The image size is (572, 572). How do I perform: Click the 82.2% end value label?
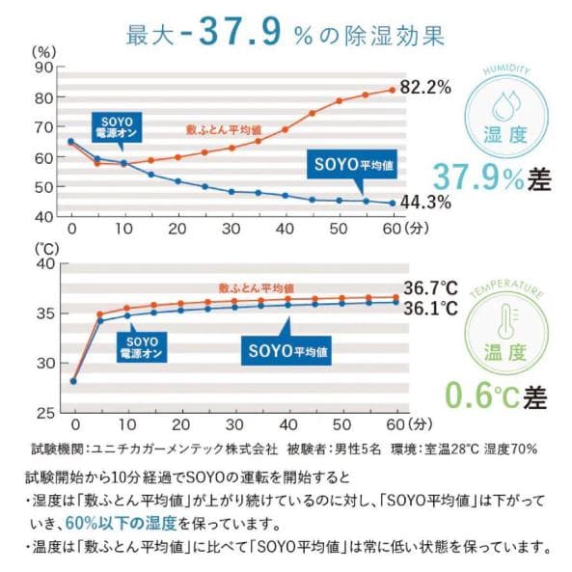(425, 88)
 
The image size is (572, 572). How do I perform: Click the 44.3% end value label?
(425, 203)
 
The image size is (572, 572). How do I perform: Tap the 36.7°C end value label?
(429, 287)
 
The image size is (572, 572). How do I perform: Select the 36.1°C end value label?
(429, 310)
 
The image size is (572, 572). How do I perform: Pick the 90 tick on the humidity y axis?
(43, 68)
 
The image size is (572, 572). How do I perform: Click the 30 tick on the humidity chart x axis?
(231, 230)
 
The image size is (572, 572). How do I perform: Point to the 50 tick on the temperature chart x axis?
(338, 424)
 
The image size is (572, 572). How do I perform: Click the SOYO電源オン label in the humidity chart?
(114, 124)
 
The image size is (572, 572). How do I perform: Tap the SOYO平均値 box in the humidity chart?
(349, 165)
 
